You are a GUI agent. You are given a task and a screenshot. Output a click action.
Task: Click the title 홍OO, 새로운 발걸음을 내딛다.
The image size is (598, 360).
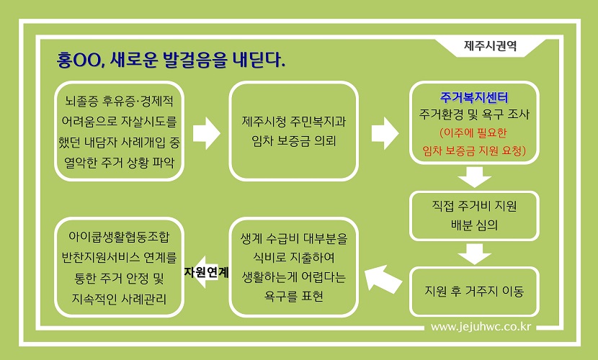pyautogui.click(x=171, y=60)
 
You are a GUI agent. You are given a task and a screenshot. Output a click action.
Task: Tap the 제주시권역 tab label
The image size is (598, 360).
pyautogui.click(x=490, y=45)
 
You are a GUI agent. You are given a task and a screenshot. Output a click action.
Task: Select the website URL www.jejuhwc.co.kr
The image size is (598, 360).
pyautogui.click(x=481, y=327)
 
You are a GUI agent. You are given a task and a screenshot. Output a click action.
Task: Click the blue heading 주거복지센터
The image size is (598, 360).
pyautogui.click(x=474, y=97)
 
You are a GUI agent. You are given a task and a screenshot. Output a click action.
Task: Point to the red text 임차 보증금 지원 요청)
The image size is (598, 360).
pyautogui.click(x=474, y=151)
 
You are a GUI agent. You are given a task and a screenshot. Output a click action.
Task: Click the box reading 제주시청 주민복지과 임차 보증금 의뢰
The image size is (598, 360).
pyautogui.click(x=294, y=130)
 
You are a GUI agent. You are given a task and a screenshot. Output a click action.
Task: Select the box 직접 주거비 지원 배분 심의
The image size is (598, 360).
pyautogui.click(x=474, y=215)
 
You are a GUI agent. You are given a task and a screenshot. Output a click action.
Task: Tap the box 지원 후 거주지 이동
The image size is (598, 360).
pyautogui.click(x=474, y=292)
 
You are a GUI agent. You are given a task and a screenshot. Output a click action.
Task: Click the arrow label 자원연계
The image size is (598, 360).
pyautogui.click(x=206, y=272)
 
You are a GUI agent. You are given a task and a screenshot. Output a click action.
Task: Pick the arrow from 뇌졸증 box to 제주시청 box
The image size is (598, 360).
pyautogui.click(x=206, y=133)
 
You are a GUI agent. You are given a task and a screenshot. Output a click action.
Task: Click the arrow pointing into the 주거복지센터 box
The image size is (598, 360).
pyautogui.click(x=385, y=133)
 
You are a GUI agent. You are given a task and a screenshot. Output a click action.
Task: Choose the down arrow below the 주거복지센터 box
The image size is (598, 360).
pyautogui.click(x=474, y=177)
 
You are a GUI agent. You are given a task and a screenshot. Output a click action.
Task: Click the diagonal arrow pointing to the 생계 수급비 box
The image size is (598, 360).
pyautogui.click(x=383, y=279)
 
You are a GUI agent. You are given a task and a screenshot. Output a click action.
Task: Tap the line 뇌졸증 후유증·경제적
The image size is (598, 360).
pyautogui.click(x=119, y=101)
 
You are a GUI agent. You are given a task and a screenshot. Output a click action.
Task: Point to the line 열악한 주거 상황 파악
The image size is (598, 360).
pyautogui.click(x=119, y=163)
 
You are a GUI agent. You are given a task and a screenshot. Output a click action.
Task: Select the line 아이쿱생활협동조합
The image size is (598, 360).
pyautogui.click(x=119, y=237)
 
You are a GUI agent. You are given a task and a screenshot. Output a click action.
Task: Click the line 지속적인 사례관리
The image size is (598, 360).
pyautogui.click(x=119, y=299)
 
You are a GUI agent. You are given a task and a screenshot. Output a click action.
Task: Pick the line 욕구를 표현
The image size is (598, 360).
pyautogui.click(x=294, y=296)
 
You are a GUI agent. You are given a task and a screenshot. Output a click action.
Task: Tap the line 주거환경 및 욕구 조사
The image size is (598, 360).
pyautogui.click(x=474, y=114)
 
